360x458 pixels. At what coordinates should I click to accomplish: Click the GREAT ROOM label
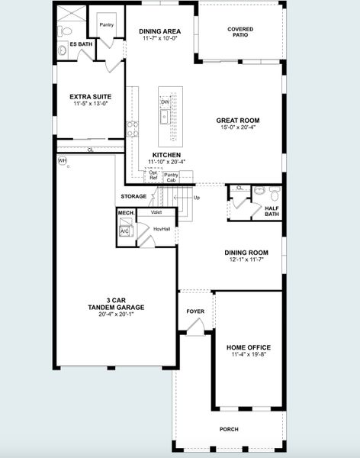click(x=237, y=120)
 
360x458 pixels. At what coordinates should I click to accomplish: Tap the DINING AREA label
click(x=159, y=32)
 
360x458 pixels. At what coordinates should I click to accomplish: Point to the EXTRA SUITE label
click(x=91, y=97)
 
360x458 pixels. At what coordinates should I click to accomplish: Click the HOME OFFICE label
click(x=251, y=347)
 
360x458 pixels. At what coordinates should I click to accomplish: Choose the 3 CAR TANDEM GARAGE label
click(x=111, y=304)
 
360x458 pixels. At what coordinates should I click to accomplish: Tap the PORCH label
click(x=229, y=429)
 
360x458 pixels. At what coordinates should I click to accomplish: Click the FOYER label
click(x=195, y=311)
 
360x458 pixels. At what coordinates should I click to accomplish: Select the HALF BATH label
click(x=272, y=211)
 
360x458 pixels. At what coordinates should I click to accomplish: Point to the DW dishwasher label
click(x=165, y=102)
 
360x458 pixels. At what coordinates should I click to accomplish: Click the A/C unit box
click(x=125, y=231)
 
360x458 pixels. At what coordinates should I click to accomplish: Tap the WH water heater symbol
click(x=63, y=160)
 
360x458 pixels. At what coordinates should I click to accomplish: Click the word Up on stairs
click(x=197, y=197)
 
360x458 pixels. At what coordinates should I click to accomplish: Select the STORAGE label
click(x=133, y=196)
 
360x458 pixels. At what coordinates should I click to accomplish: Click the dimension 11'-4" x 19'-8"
click(x=251, y=355)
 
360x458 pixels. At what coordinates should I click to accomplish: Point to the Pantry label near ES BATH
click(x=104, y=24)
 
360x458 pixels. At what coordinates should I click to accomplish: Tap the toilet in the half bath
click(x=259, y=191)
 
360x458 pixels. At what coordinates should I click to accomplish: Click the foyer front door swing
click(x=196, y=328)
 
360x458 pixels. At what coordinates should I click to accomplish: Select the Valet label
click(x=156, y=212)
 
